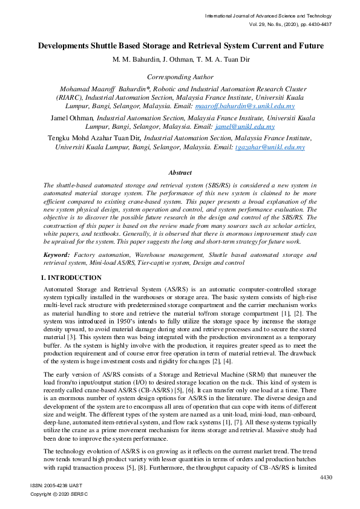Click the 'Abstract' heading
[180, 173]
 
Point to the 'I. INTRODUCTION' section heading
[71, 277]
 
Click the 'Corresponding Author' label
[180, 77]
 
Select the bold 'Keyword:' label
[57, 256]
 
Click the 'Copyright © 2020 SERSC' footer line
[59, 494]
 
